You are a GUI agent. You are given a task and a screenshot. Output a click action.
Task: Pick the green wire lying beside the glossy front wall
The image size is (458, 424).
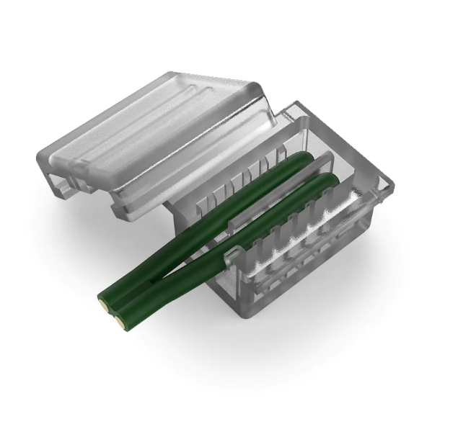238,238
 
